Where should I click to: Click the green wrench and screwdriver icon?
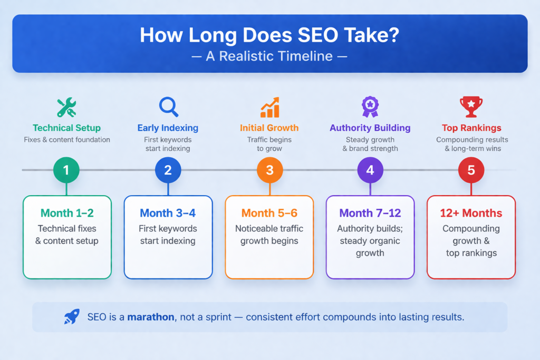coord(66,107)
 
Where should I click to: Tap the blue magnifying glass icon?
coord(168,106)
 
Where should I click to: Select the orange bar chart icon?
coord(269,107)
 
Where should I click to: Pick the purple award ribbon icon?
coord(370,106)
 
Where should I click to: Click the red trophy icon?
coord(471,106)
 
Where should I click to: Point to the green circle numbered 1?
coord(66,170)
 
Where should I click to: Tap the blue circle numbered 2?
coord(168,170)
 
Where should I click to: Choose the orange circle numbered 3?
coord(269,170)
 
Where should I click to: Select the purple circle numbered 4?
coord(370,170)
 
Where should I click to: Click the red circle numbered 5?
coord(471,170)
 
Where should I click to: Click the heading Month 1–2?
coord(67,213)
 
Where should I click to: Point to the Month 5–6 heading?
coord(269,213)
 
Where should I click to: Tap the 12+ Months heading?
coord(471,213)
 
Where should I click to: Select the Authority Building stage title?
coord(370,128)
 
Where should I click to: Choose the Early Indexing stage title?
coord(168,128)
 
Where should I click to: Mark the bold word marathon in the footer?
coord(151,317)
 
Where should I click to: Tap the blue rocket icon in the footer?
coord(72,317)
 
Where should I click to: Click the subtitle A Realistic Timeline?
coord(269,56)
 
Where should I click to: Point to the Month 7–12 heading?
coord(370,213)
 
